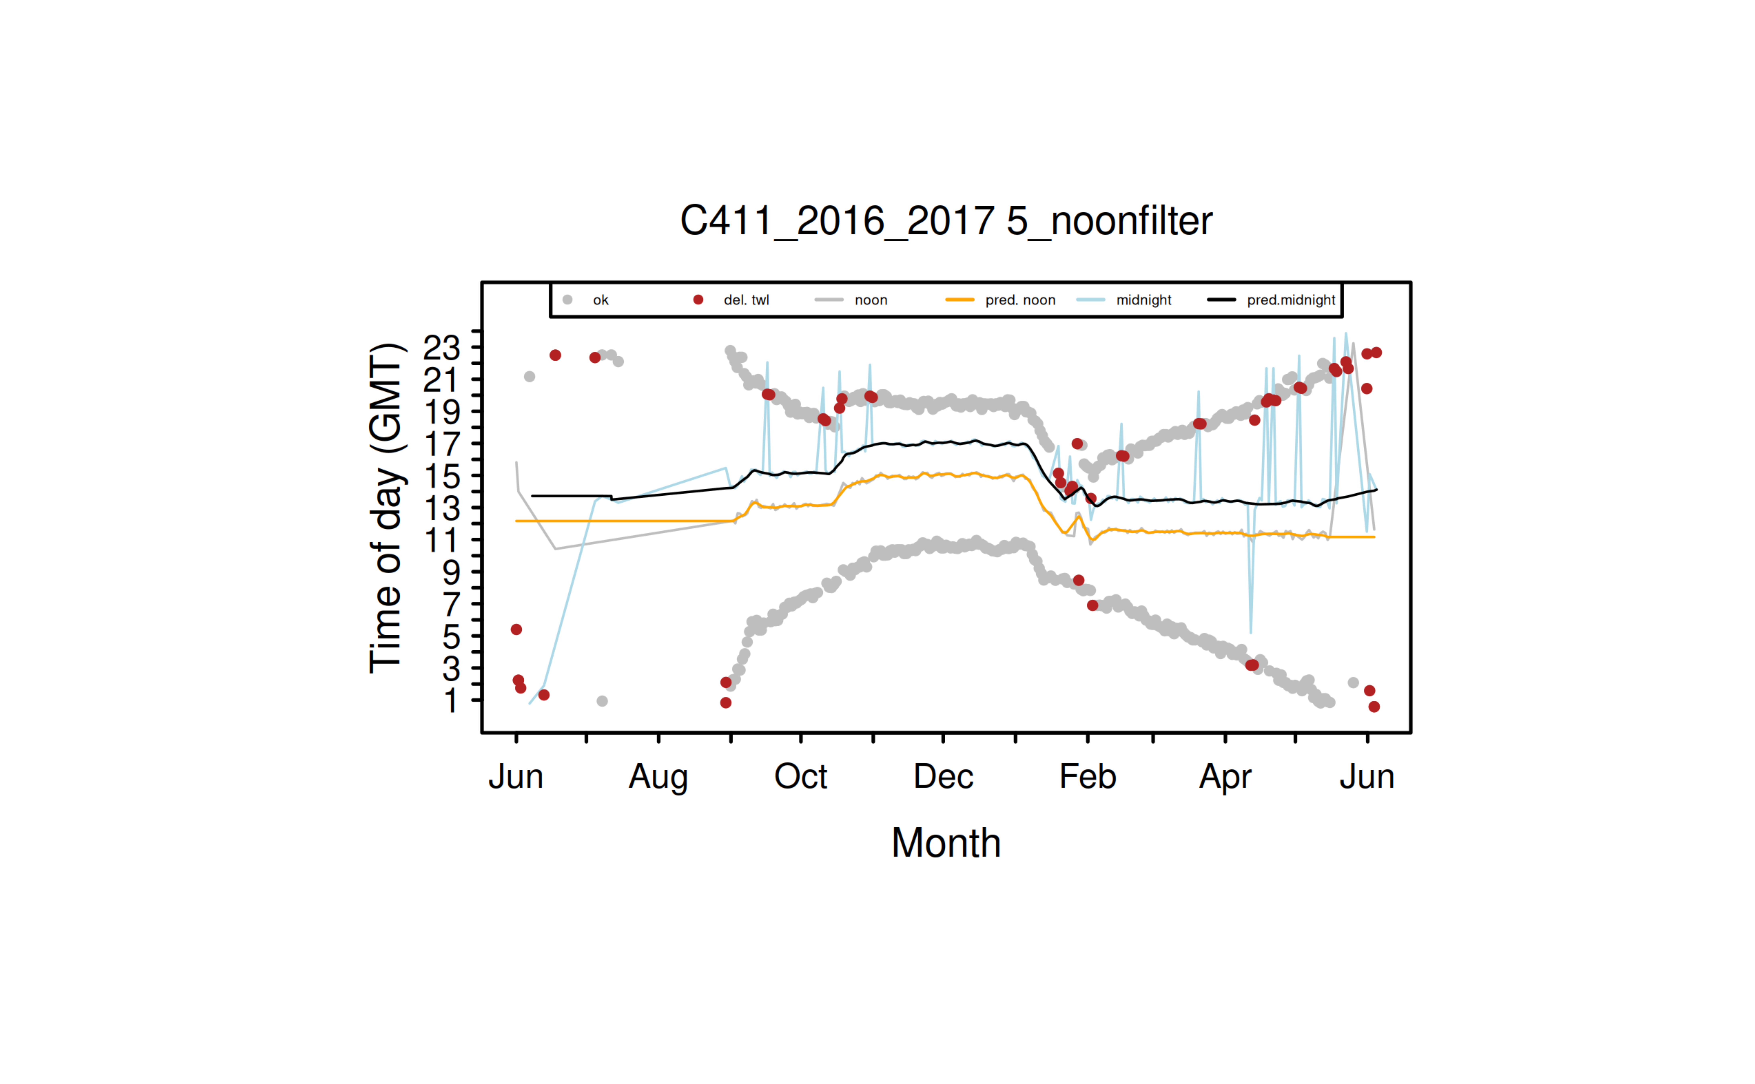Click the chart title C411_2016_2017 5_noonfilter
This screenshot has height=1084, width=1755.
(945, 221)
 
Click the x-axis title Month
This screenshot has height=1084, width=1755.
(945, 843)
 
